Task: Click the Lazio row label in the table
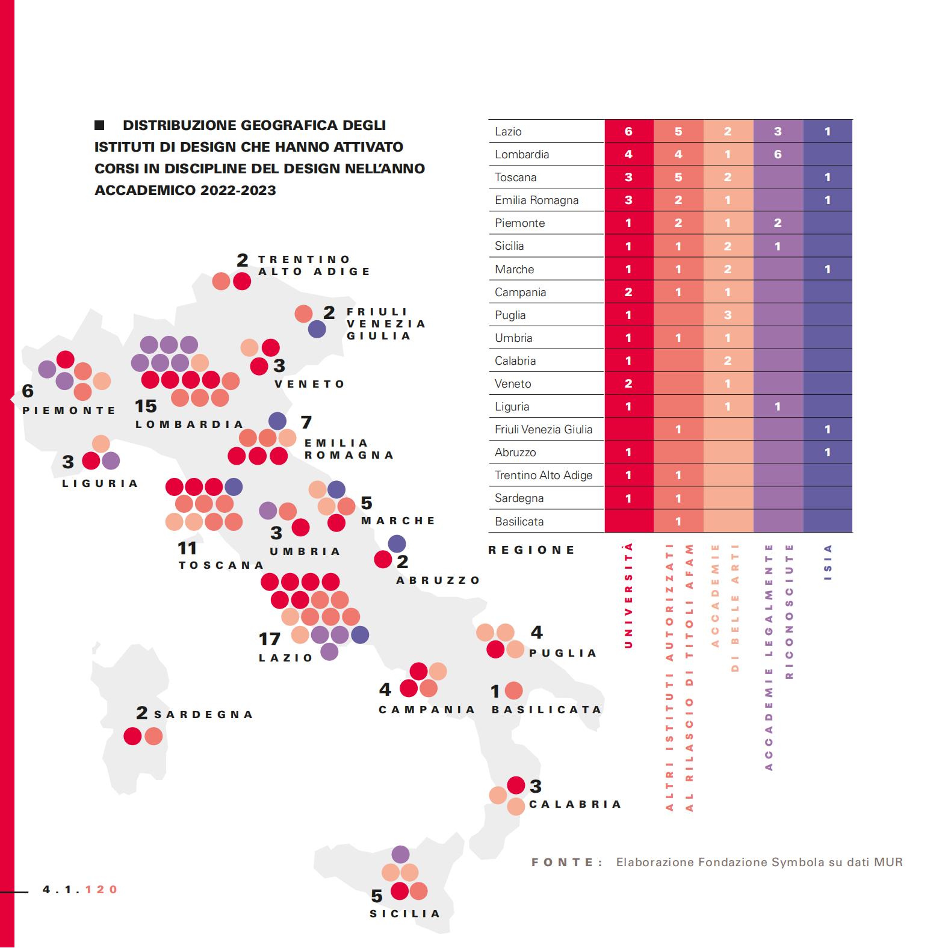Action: [x=508, y=132]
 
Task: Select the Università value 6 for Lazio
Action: [x=628, y=131]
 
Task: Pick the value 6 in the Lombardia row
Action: [x=778, y=154]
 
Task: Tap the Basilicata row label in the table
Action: [x=519, y=521]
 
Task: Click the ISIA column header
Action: [x=828, y=562]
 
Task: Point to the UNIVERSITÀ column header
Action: [x=628, y=595]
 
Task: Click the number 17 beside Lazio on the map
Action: [x=270, y=639]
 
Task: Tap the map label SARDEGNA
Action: [x=203, y=714]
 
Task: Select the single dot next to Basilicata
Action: [x=513, y=690]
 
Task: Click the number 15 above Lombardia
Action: [x=146, y=406]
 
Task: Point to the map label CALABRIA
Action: [x=575, y=804]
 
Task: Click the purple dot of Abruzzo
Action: [x=397, y=544]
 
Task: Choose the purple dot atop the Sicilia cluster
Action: [x=400, y=854]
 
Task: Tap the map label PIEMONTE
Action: [x=69, y=410]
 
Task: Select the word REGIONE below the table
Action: [x=531, y=550]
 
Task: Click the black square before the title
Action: [x=99, y=125]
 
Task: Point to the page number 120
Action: [x=102, y=890]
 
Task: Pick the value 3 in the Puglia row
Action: [x=728, y=315]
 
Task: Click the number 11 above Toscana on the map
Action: [x=187, y=548]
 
